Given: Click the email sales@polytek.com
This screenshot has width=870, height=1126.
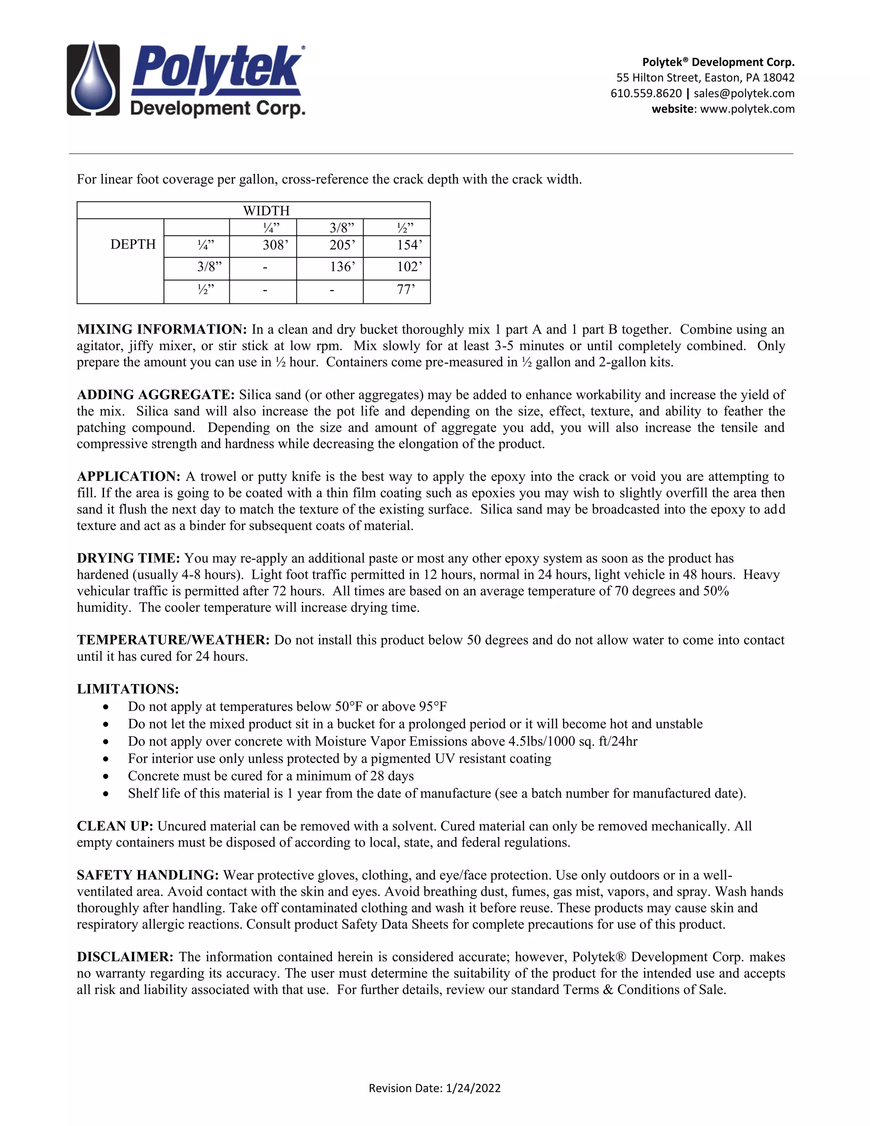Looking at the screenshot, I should [x=744, y=93].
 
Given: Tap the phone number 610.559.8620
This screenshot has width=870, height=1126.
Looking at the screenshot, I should [x=646, y=93].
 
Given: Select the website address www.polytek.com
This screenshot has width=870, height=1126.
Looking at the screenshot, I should [x=747, y=109].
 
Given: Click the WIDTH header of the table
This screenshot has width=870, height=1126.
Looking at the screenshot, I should [x=266, y=210].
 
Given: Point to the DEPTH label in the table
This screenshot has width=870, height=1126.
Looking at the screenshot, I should [x=133, y=244].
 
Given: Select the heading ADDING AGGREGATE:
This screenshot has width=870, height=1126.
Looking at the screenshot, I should [x=155, y=395].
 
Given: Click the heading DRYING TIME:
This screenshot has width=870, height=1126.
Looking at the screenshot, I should [x=128, y=558].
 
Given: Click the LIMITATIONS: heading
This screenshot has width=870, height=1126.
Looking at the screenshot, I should [x=128, y=689].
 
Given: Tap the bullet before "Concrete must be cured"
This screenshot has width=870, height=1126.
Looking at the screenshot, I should [x=106, y=776].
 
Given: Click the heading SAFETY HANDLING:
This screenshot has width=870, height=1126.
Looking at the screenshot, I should [x=148, y=875].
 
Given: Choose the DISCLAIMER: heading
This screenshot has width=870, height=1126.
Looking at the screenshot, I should [x=125, y=957].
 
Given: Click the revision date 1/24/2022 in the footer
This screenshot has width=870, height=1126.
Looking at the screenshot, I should [x=473, y=1088].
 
